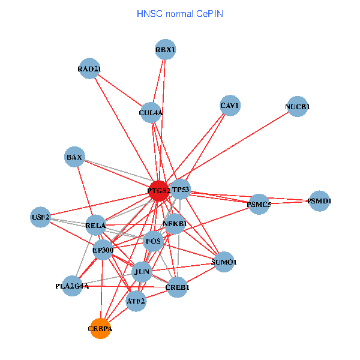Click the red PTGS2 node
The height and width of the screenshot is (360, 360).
click(159, 190)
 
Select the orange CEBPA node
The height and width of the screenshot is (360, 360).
click(100, 328)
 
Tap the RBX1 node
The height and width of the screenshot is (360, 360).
click(165, 49)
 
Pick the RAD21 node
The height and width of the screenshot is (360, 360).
click(89, 68)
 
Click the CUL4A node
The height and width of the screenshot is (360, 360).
click(151, 112)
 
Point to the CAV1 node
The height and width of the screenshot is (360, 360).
click(230, 106)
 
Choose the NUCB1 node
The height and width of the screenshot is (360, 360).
click(298, 107)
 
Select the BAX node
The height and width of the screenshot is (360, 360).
click(74, 157)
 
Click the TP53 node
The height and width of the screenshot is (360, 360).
click(180, 190)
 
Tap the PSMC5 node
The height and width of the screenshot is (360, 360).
click(259, 204)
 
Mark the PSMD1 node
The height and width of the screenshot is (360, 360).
click(319, 200)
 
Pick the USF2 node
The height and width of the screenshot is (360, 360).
click(41, 217)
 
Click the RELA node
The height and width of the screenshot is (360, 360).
click(95, 226)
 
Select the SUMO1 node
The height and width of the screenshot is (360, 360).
click(224, 262)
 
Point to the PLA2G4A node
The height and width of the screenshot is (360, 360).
click(72, 286)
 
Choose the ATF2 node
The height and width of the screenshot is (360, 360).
click(136, 300)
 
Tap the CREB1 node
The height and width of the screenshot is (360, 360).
click(177, 287)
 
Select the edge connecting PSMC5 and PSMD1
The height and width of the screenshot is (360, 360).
click(289, 202)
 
